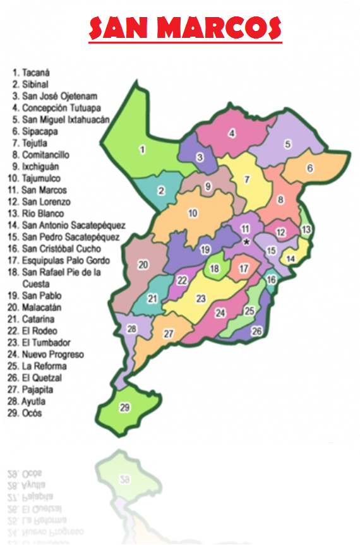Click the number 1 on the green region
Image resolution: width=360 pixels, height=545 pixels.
click(143, 150)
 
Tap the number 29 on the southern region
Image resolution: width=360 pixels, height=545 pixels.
click(125, 408)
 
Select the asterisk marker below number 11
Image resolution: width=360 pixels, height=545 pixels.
click(246, 242)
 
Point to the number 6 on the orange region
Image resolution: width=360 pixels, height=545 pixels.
click(309, 169)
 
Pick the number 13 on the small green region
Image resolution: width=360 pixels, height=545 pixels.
click(306, 229)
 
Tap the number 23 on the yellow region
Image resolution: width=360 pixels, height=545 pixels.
click(201, 299)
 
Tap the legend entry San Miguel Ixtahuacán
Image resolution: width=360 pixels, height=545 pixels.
click(61, 119)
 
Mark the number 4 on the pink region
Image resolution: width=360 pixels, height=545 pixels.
click(232, 133)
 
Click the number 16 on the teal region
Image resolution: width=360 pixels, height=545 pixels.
click(271, 280)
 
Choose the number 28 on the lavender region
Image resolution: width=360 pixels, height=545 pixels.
click(132, 329)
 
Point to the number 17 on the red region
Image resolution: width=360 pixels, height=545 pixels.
click(243, 269)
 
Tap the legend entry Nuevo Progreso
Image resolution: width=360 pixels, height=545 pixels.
click(47, 354)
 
